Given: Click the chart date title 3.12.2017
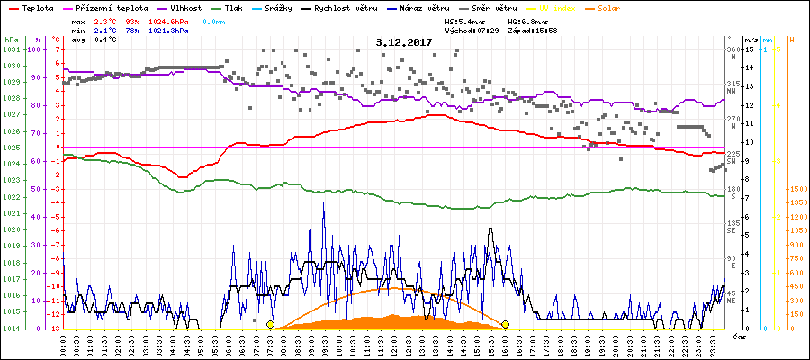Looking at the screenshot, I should [404, 41].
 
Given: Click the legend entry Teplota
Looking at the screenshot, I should [36, 7].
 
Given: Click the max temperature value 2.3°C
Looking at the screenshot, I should [105, 20].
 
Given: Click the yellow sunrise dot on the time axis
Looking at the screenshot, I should [270, 324].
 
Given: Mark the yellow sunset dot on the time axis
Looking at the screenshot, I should [506, 324].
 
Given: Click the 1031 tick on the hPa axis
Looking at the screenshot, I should [11, 49].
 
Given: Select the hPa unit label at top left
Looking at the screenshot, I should [10, 40].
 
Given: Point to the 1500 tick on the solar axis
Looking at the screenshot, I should [797, 190].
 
